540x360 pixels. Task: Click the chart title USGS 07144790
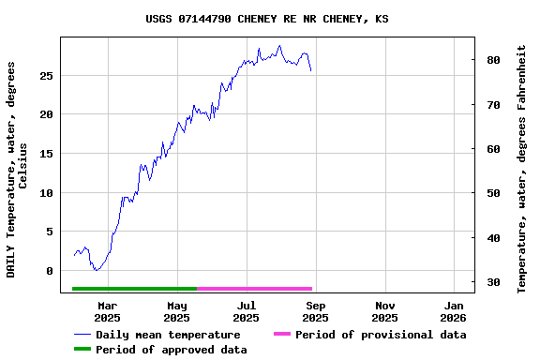click(267, 19)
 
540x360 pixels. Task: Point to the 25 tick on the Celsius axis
click(46, 75)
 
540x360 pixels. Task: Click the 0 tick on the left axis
click(50, 271)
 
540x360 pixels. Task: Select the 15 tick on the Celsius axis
click(46, 154)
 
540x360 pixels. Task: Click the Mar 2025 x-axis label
click(108, 311)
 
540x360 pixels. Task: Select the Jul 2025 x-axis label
click(247, 311)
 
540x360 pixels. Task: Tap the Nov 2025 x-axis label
click(385, 311)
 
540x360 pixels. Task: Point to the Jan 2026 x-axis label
click(454, 311)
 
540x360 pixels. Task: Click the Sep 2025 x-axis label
click(316, 311)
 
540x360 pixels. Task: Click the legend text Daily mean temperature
click(168, 335)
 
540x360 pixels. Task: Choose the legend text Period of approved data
click(172, 350)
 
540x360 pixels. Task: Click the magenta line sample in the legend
click(282, 335)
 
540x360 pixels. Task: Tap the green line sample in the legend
click(82, 350)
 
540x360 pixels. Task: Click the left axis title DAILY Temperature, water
click(18, 169)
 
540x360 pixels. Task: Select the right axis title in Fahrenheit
click(522, 169)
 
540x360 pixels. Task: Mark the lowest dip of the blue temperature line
click(96, 270)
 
